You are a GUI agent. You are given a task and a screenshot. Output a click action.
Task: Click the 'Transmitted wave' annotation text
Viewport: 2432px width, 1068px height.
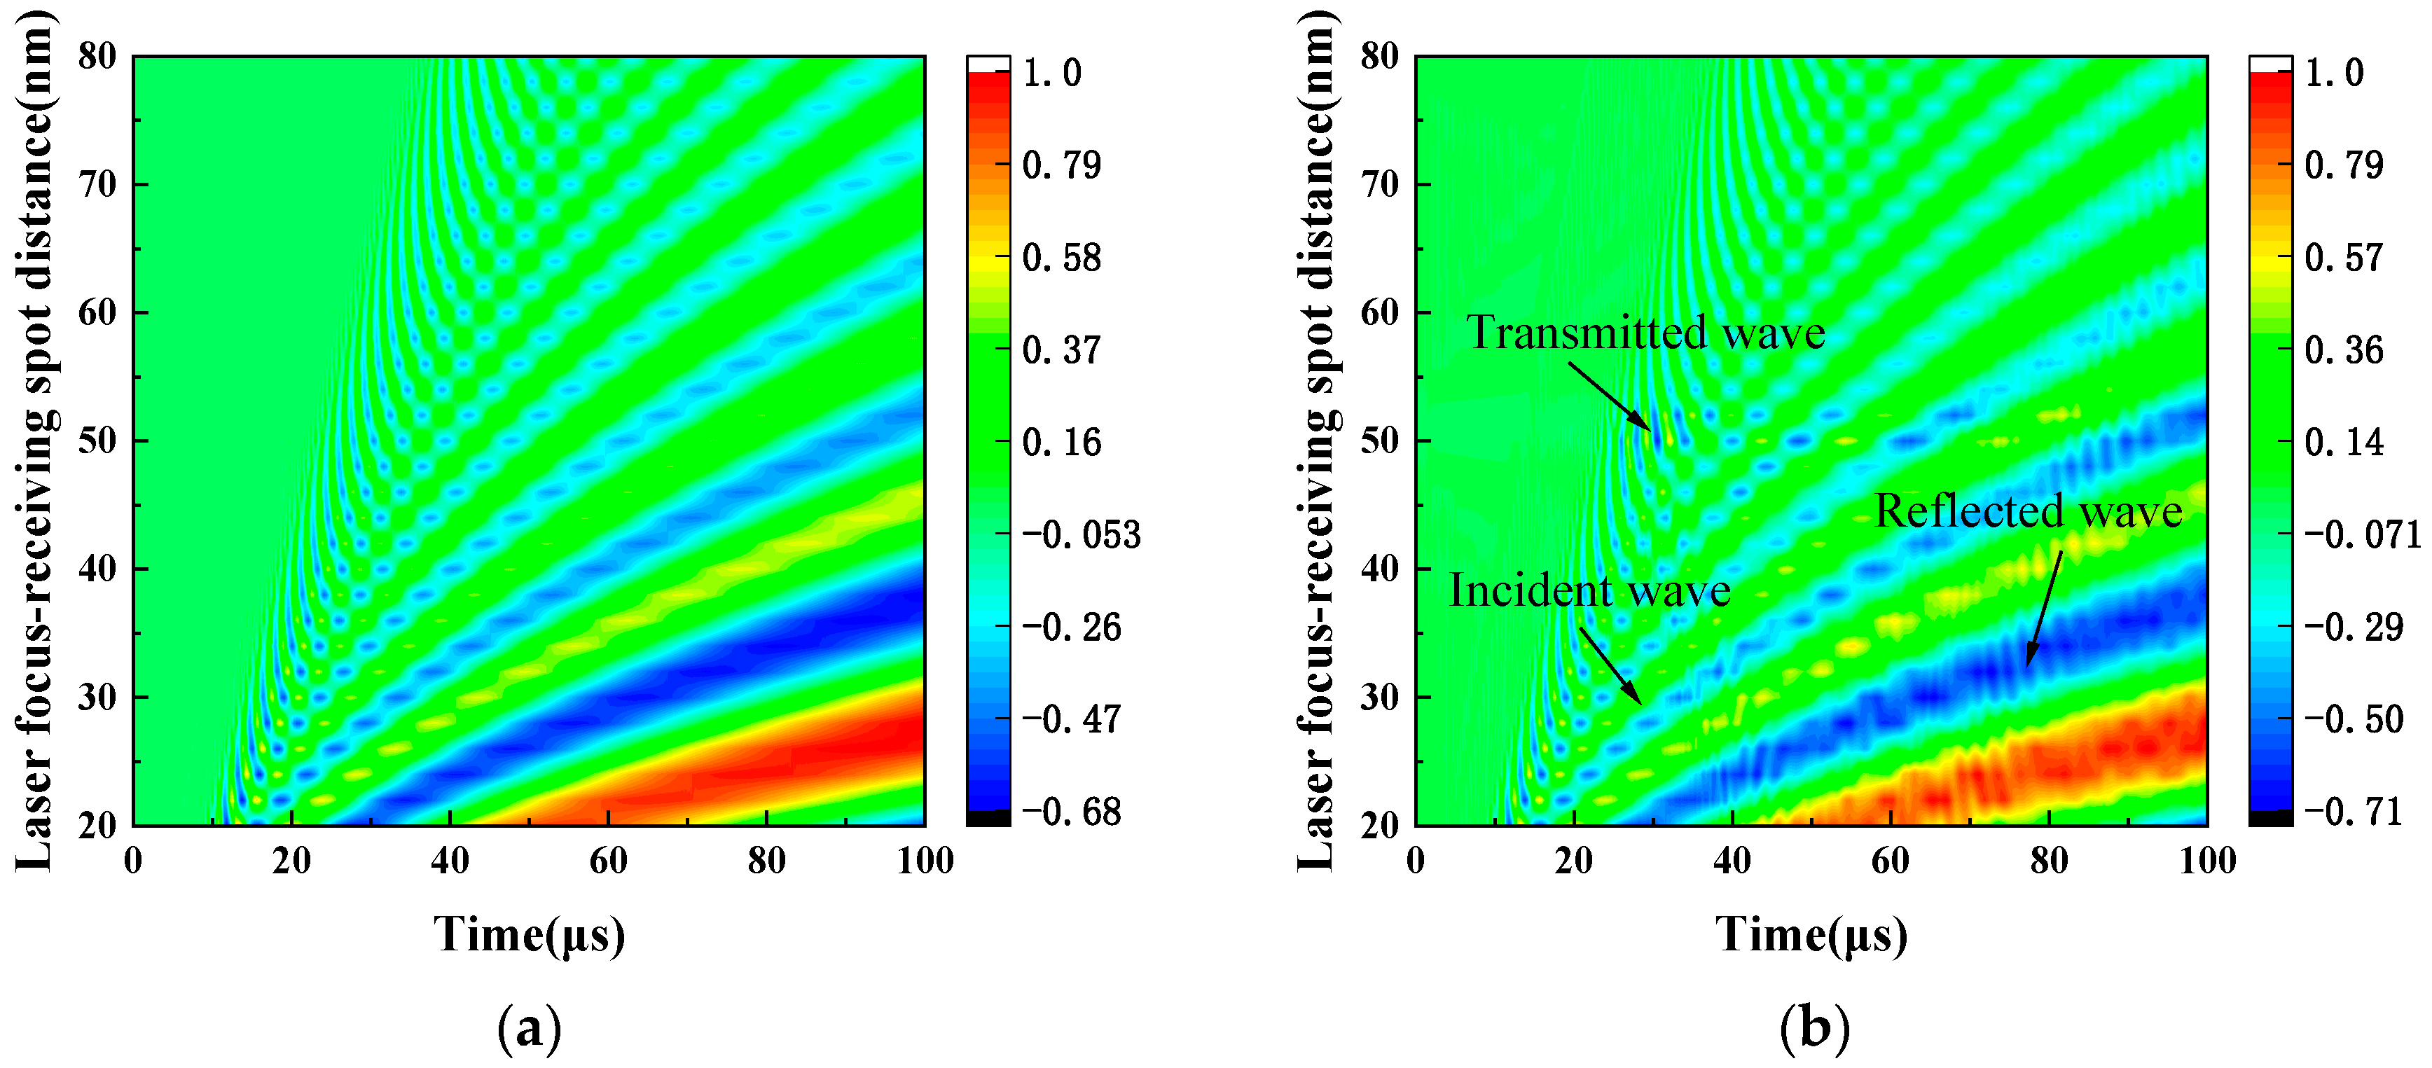point(1645,333)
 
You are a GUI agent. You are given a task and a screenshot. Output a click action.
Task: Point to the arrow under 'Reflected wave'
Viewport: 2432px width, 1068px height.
point(2044,609)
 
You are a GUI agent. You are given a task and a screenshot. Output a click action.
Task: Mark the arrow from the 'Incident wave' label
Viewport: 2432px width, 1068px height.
point(1610,666)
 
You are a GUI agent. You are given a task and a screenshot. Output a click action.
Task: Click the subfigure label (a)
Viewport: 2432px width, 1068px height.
point(529,1027)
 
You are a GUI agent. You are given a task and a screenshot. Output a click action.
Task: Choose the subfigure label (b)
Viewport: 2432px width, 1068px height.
point(1813,1027)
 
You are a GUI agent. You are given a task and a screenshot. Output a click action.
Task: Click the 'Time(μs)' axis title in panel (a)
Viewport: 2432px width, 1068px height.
point(529,935)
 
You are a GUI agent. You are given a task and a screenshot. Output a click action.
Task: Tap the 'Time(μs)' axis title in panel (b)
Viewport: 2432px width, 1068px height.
point(1811,935)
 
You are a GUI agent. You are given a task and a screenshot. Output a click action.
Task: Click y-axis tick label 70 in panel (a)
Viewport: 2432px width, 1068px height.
point(97,184)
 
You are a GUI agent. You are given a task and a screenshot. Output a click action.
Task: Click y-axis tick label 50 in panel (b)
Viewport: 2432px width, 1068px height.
point(1379,441)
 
